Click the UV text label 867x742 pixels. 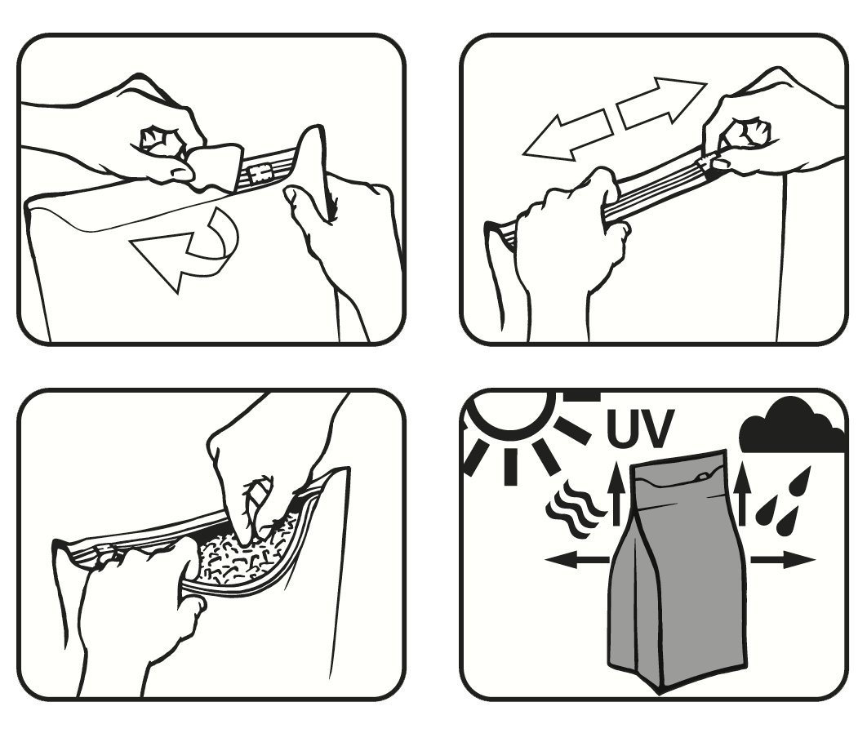pos(640,428)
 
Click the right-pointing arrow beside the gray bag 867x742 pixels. pos(783,561)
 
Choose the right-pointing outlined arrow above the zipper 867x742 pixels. pos(661,102)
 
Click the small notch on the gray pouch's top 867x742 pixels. pos(704,476)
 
